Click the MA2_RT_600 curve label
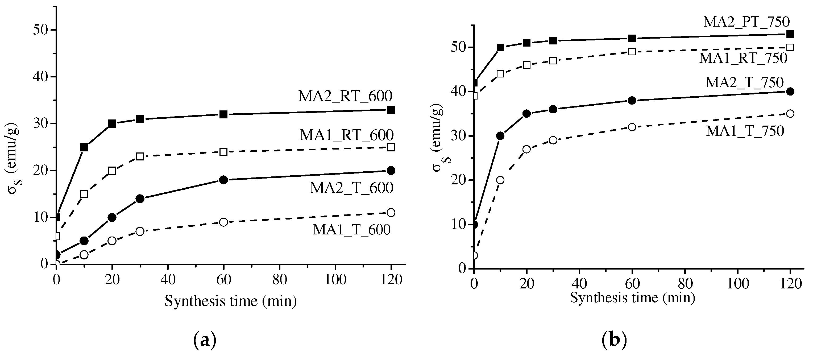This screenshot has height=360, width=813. (345, 96)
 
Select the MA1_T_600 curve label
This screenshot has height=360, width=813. (352, 230)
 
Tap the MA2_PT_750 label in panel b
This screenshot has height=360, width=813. (746, 22)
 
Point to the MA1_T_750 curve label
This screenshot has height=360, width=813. (745, 131)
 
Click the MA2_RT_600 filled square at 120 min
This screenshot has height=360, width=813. (391, 110)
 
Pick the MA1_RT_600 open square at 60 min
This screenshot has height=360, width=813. (223, 152)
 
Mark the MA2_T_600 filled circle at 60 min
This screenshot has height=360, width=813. (223, 180)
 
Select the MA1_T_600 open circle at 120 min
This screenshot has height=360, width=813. (391, 213)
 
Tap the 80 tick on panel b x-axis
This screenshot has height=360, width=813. (685, 284)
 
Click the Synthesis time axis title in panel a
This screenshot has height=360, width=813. (230, 301)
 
